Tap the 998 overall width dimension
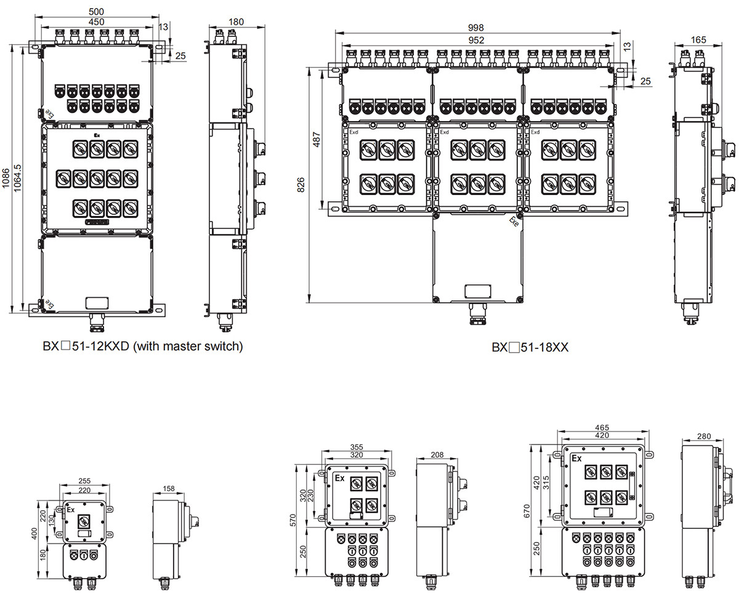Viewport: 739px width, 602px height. click(476, 28)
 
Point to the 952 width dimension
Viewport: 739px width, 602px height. click(476, 40)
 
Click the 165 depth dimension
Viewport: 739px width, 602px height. click(698, 40)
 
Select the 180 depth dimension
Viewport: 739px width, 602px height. click(236, 22)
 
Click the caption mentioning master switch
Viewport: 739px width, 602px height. click(143, 347)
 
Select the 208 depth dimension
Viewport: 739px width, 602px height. click(438, 455)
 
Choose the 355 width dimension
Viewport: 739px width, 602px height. click(356, 447)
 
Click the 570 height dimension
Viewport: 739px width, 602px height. click(301, 520)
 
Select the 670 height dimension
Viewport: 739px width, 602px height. click(535, 510)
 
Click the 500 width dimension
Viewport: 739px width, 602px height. click(97, 12)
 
